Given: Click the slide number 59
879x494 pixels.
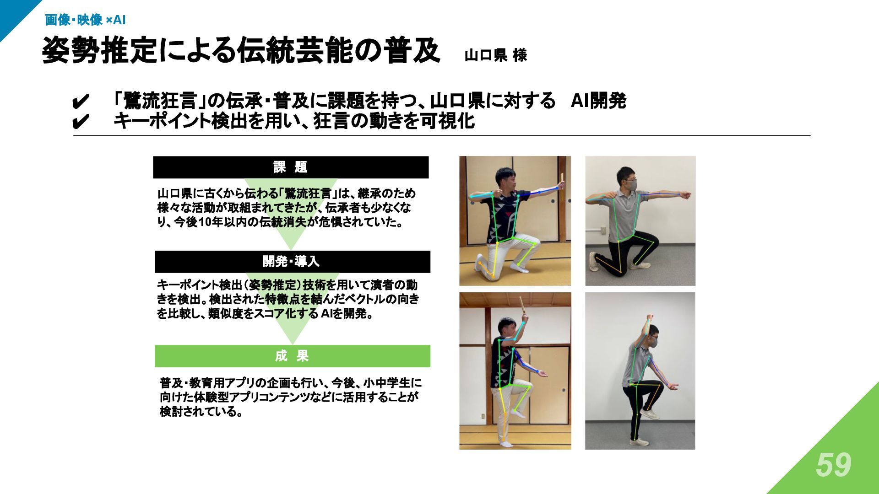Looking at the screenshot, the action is (833, 465).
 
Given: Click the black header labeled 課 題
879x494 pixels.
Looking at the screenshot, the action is (291, 167).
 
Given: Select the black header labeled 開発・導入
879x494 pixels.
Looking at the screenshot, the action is (292, 262).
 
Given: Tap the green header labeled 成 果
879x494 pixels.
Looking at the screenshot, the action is (292, 356).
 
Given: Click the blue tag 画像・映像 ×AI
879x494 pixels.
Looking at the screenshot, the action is (85, 20).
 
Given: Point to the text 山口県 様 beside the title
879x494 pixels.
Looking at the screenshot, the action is (496, 55).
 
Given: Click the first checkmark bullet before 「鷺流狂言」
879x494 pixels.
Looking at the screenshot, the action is (80, 102).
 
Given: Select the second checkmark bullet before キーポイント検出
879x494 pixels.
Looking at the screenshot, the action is (80, 122).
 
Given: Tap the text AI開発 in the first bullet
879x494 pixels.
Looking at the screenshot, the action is (598, 101).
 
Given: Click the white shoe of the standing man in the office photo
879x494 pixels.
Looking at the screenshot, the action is (639, 442).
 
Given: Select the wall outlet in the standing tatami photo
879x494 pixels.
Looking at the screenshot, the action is (482, 417).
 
